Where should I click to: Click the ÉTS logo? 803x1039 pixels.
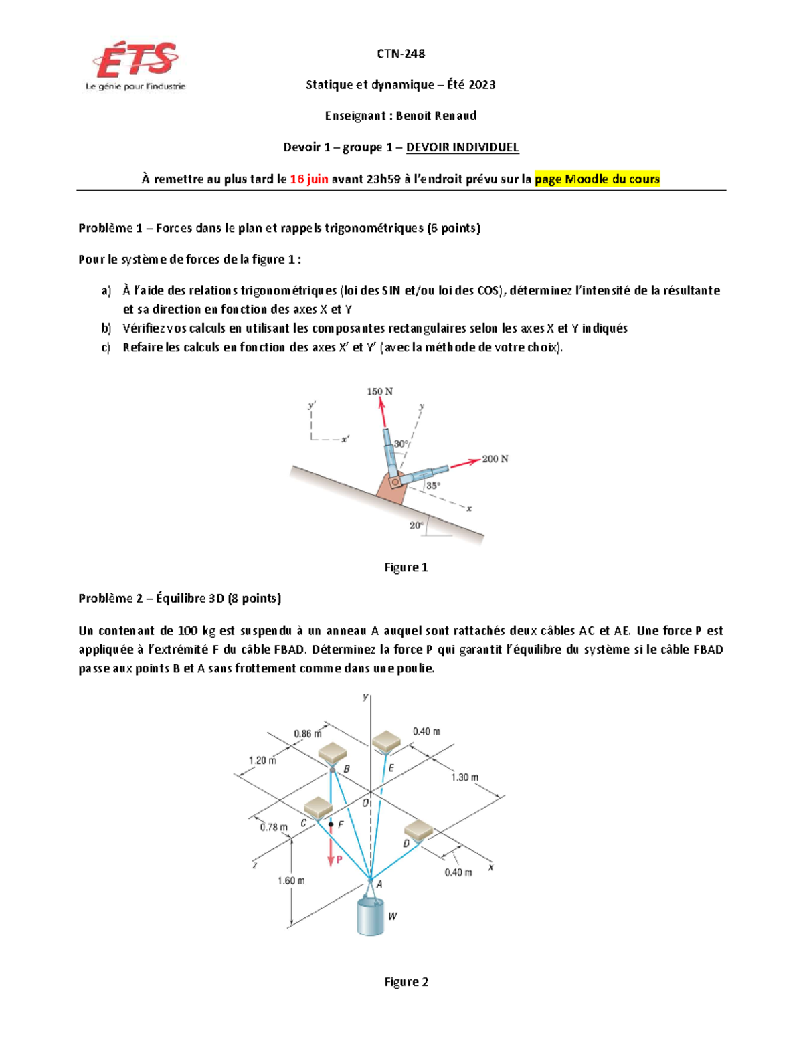pyautogui.click(x=136, y=66)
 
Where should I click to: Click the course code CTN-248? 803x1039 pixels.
pyautogui.click(x=401, y=54)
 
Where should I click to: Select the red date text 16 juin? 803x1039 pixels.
pyautogui.click(x=308, y=179)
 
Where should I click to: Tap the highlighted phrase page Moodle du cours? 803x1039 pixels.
pyautogui.click(x=597, y=179)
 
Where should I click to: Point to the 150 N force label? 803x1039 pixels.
pyautogui.click(x=379, y=391)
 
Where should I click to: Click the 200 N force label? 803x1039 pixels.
pyautogui.click(x=495, y=459)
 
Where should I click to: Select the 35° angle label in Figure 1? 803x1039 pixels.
pyautogui.click(x=434, y=486)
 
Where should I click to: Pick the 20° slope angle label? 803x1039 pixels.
pyautogui.click(x=416, y=525)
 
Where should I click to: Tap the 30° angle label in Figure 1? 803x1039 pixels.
pyautogui.click(x=401, y=444)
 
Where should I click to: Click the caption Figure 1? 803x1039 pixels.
pyautogui.click(x=406, y=567)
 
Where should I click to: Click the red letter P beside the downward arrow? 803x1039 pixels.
pyautogui.click(x=339, y=860)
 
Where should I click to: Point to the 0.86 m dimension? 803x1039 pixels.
pyautogui.click(x=307, y=733)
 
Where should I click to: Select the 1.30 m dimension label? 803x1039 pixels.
pyautogui.click(x=464, y=777)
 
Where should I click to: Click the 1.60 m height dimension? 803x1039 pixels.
pyautogui.click(x=291, y=880)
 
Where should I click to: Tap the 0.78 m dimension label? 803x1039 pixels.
pyautogui.click(x=273, y=827)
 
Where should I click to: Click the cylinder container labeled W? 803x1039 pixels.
pyautogui.click(x=371, y=915)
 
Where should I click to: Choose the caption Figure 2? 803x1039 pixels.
pyautogui.click(x=406, y=982)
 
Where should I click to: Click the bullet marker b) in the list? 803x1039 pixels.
pyautogui.click(x=106, y=328)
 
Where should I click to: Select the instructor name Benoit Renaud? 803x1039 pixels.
pyautogui.click(x=436, y=116)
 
